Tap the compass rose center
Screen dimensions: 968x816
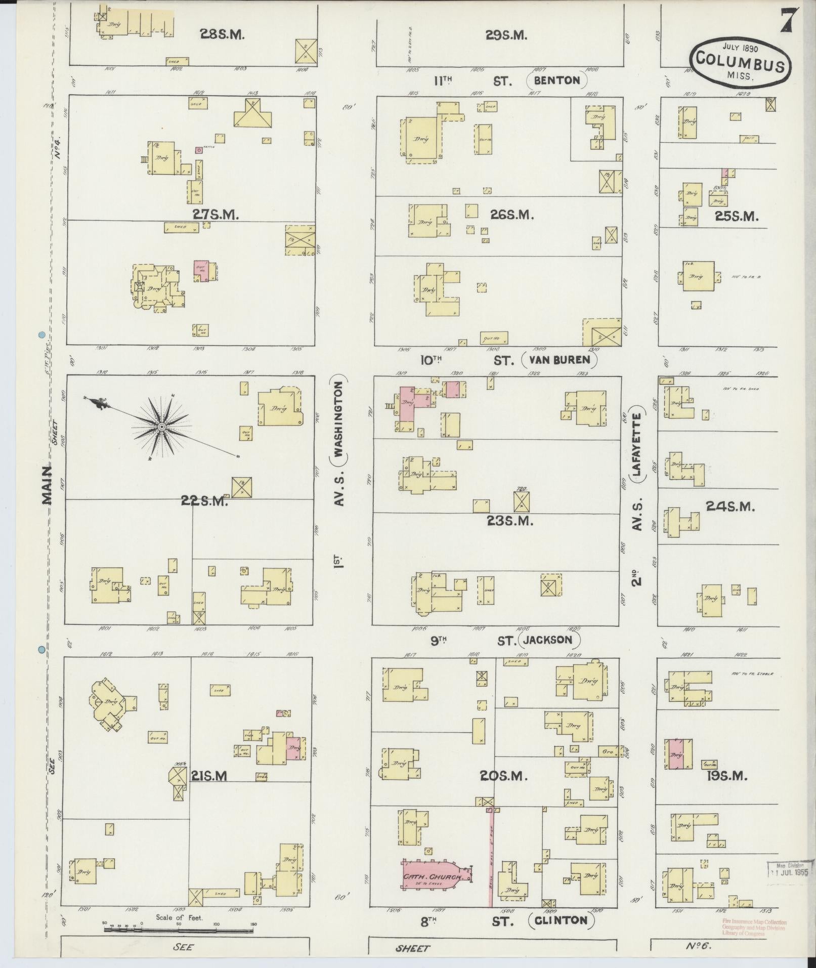pos(161,428)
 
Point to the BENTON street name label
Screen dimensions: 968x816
pos(557,80)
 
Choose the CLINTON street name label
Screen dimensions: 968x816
pos(562,919)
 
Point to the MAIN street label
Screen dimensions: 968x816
pos(47,485)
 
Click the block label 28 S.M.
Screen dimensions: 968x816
pos(223,35)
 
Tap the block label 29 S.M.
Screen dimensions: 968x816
pos(506,35)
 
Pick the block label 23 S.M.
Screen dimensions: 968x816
pos(510,521)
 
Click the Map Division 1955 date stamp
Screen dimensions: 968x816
pos(788,869)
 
